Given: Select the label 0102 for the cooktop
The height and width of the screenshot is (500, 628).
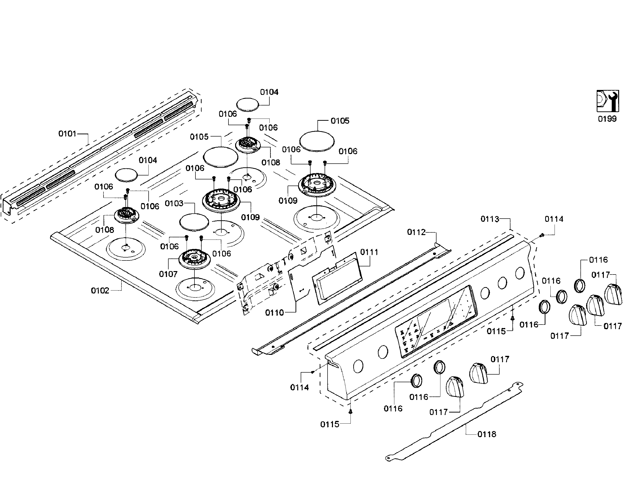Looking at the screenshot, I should pyautogui.click(x=100, y=290).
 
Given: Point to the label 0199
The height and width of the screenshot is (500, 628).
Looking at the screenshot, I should pyautogui.click(x=607, y=119).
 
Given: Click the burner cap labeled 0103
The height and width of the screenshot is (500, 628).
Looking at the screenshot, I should pyautogui.click(x=194, y=222).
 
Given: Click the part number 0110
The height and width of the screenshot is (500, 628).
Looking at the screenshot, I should pyautogui.click(x=274, y=313).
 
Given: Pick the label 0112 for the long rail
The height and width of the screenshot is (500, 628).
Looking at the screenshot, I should pyautogui.click(x=416, y=232).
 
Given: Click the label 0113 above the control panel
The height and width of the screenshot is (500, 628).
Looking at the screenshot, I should pyautogui.click(x=490, y=219).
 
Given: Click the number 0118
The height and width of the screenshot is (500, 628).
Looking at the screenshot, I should pyautogui.click(x=487, y=434).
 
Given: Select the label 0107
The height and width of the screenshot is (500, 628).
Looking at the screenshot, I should pyautogui.click(x=168, y=274).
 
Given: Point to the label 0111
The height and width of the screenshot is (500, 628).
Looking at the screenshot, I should pyautogui.click(x=369, y=252).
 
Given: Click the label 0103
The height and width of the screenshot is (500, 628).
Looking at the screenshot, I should pyautogui.click(x=174, y=203).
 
